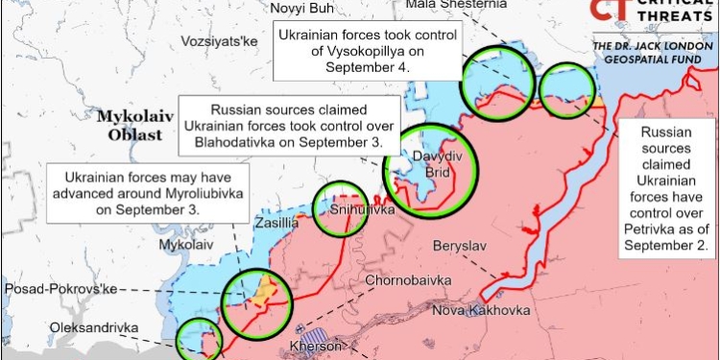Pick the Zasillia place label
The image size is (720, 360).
pos(277,224)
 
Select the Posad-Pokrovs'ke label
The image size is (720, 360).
pos(57,289)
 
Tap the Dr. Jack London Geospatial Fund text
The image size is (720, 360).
pos(654,53)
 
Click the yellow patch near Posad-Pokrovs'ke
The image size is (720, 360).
pos(262,287)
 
